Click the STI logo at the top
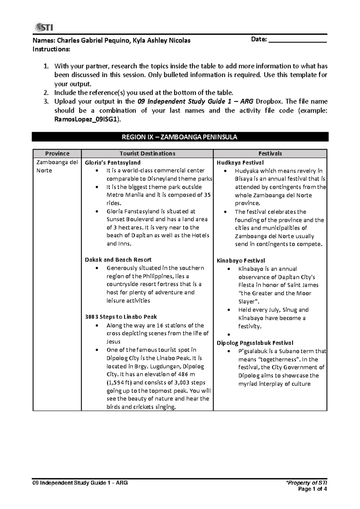[x=44, y=28]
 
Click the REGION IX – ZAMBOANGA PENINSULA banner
[x=180, y=137]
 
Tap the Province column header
[x=57, y=153]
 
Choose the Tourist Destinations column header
[x=147, y=153]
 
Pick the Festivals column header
[x=270, y=153]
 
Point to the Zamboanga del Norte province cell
[x=57, y=166]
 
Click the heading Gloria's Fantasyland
[x=113, y=163]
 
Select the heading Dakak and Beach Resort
[x=118, y=260]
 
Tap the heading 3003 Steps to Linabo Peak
[x=121, y=317]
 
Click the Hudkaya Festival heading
[x=240, y=163]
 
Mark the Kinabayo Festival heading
[x=241, y=261]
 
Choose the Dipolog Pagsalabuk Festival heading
[x=255, y=343]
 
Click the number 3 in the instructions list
[x=46, y=101]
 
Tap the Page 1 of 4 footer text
[x=312, y=489]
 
